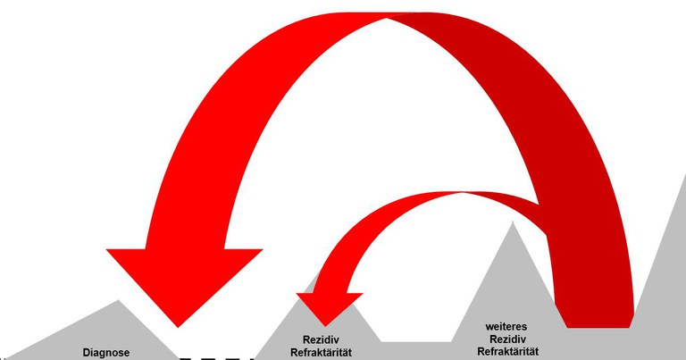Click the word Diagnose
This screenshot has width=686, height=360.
pyautogui.click(x=106, y=353)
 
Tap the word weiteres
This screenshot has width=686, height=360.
pyautogui.click(x=506, y=327)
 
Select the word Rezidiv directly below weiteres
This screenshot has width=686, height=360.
pyautogui.click(x=508, y=339)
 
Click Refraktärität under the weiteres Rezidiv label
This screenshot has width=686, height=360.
pyautogui.click(x=508, y=352)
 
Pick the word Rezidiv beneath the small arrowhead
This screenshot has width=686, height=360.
pyautogui.click(x=322, y=339)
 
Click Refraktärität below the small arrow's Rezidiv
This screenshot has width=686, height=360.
pyautogui.click(x=322, y=352)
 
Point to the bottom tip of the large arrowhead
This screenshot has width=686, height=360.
pyautogui.click(x=178, y=327)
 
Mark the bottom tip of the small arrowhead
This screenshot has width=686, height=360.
pyautogui.click(x=325, y=326)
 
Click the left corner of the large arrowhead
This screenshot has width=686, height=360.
pyautogui.click(x=107, y=249)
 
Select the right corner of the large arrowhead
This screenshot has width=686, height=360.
pyautogui.click(x=262, y=249)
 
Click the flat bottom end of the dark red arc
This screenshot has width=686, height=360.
pyautogui.click(x=598, y=327)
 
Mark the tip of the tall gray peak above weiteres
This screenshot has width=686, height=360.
pyautogui.click(x=513, y=222)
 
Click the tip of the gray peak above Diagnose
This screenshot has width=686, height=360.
pyautogui.click(x=118, y=300)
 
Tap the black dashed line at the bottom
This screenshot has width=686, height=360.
pyautogui.click(x=217, y=359)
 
